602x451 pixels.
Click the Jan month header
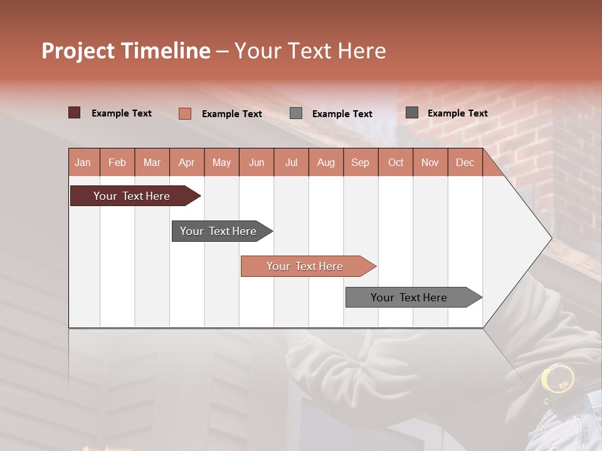tap(83, 163)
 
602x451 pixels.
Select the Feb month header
tap(117, 163)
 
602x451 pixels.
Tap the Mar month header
tap(152, 163)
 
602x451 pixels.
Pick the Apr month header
tap(187, 163)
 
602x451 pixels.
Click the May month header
tap(221, 163)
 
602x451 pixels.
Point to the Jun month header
tap(256, 163)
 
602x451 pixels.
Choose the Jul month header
tap(291, 163)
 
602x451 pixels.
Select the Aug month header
tap(326, 163)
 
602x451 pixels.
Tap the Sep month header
tap(361, 163)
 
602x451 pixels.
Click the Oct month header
tap(396, 163)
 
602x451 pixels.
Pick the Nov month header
tap(430, 163)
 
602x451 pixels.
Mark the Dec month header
tap(465, 163)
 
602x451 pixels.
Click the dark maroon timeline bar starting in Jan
tap(132, 196)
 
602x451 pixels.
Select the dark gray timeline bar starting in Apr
tap(219, 231)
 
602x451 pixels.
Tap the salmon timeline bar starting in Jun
tap(305, 266)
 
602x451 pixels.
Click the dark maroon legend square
tap(75, 113)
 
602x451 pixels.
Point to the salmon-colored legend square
tap(185, 113)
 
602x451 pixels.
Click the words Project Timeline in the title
tap(126, 51)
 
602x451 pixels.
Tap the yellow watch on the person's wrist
tap(557, 378)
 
